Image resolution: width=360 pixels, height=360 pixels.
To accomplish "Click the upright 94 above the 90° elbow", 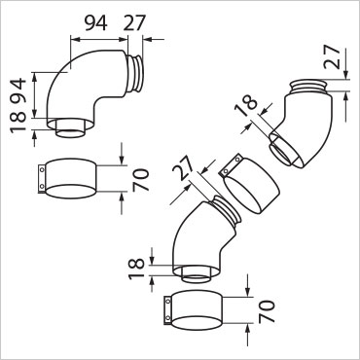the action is click(96, 23).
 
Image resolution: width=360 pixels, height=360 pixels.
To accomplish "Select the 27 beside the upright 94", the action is click(135, 23).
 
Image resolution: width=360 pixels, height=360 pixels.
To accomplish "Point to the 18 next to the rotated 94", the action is click(18, 121).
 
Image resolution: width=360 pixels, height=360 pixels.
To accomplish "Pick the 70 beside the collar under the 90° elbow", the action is click(140, 180).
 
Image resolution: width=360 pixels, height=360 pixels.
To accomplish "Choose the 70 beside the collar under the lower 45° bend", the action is click(267, 311).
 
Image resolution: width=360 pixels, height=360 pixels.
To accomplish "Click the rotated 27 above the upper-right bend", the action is click(333, 56).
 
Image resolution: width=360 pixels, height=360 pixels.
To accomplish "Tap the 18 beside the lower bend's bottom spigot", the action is click(136, 269).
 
